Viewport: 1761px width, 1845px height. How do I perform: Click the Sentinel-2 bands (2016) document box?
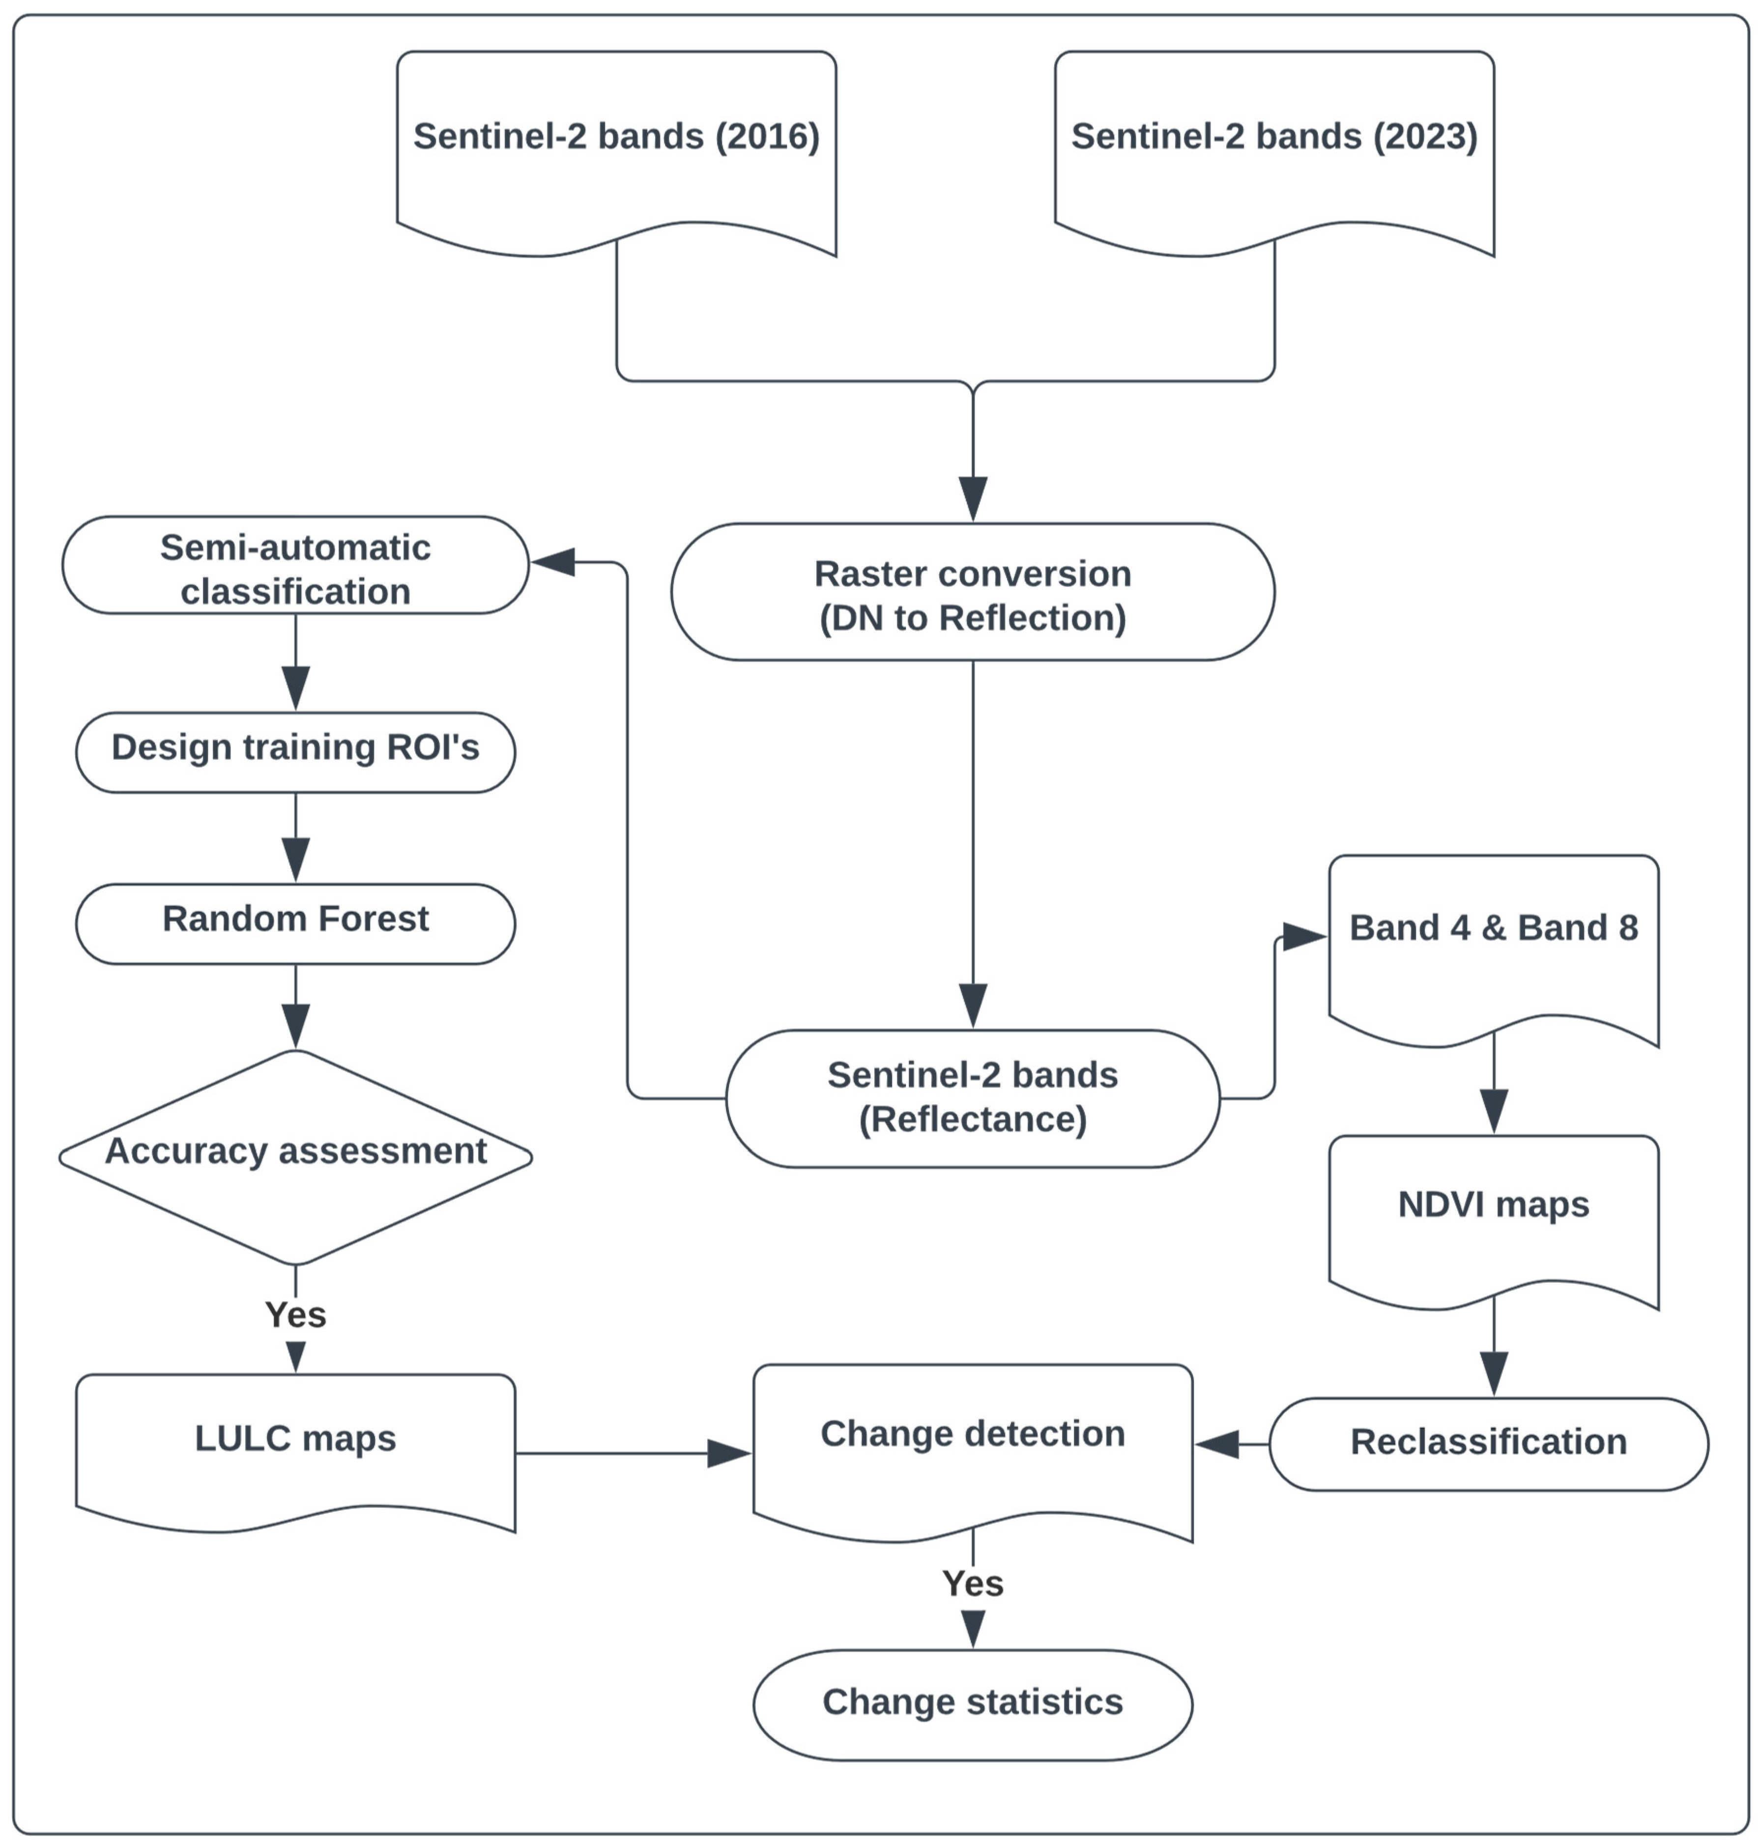[616, 150]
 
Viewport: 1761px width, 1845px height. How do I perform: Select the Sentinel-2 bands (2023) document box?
[1274, 150]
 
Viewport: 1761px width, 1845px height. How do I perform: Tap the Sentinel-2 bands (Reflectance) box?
[973, 1098]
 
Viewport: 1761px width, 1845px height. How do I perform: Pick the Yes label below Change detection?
[973, 1584]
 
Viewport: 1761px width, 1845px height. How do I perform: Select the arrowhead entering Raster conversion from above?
[973, 497]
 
